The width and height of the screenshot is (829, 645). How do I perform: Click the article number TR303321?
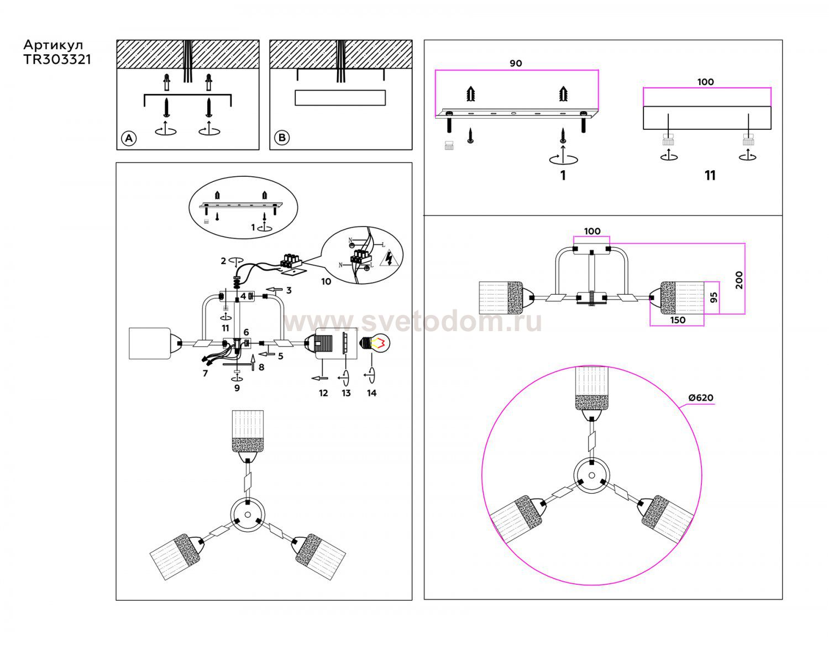[x=57, y=60]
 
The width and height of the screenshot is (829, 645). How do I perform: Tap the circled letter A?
[x=129, y=138]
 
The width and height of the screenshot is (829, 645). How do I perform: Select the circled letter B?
[x=282, y=137]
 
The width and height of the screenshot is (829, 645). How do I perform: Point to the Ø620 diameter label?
[x=700, y=398]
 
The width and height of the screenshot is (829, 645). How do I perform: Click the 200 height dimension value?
[x=739, y=280]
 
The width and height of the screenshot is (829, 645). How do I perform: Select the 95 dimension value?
[x=713, y=297]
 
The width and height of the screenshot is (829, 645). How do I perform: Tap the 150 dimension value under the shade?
[x=678, y=320]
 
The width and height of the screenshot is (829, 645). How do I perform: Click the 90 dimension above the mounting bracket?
[x=516, y=64]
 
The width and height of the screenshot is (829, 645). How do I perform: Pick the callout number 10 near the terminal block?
[x=326, y=281]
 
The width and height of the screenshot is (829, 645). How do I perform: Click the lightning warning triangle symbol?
[x=390, y=258]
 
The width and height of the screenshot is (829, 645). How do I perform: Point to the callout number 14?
[x=371, y=393]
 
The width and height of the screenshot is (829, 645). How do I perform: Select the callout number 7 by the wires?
[x=205, y=373]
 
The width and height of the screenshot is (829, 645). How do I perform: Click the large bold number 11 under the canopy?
[x=710, y=175]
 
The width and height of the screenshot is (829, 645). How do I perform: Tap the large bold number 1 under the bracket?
[x=563, y=175]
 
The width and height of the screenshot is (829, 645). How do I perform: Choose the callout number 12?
[x=323, y=393]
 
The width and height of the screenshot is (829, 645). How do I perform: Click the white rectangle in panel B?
[x=340, y=98]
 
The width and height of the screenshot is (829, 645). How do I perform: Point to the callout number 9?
[x=237, y=388]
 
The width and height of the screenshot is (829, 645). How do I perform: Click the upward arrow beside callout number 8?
[x=252, y=362]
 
